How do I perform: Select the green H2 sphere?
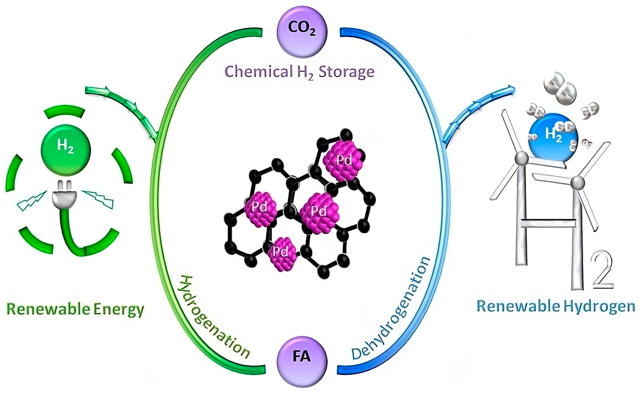(x=66, y=150)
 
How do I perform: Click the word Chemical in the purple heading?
(x=258, y=72)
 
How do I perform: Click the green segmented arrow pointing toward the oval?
(x=123, y=107)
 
